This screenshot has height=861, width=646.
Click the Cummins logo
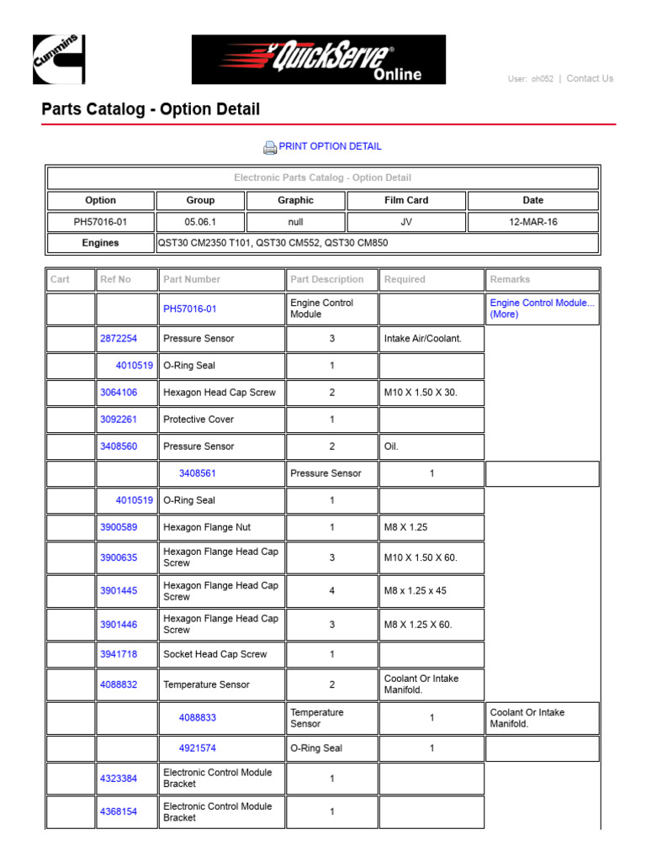pos(59,59)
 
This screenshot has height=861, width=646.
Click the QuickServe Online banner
pos(319,60)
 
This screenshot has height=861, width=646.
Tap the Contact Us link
pos(590,79)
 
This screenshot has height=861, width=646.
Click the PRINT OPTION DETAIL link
pos(330,146)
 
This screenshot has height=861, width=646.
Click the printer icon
pos(270,148)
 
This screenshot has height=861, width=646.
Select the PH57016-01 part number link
pos(189,309)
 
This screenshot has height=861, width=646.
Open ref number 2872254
pos(119,339)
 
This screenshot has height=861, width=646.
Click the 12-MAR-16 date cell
pos(532,222)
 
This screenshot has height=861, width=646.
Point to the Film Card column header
pos(406,201)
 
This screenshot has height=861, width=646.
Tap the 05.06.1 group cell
pos(200,222)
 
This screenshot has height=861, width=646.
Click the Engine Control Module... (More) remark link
pos(542,309)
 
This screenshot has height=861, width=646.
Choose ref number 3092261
pos(119,420)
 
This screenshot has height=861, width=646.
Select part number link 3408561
pos(198,473)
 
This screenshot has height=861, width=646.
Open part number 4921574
pos(198,748)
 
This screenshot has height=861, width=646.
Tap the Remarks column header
pos(510,279)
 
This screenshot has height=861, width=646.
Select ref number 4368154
pos(119,812)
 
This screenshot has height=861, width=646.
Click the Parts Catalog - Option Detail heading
pos(151,109)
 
